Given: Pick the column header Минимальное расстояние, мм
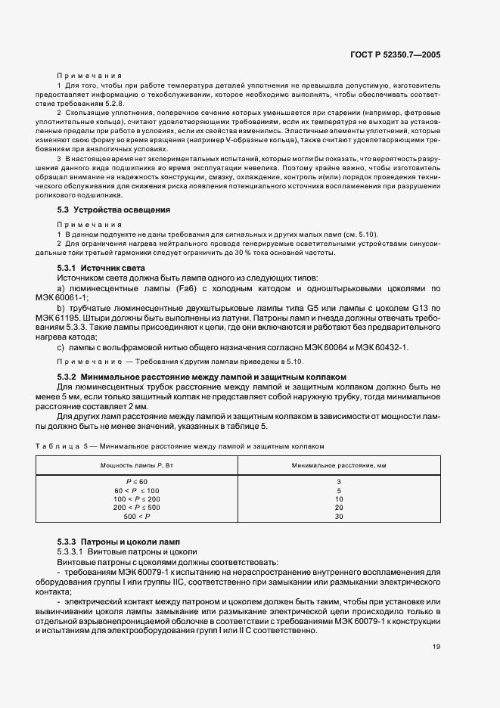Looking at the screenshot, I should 339,464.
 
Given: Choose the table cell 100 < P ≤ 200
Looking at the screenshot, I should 137,499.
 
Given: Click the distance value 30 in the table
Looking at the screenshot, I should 339,516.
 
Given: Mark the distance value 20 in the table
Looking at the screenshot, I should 339,508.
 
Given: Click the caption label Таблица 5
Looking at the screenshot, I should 59,447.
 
